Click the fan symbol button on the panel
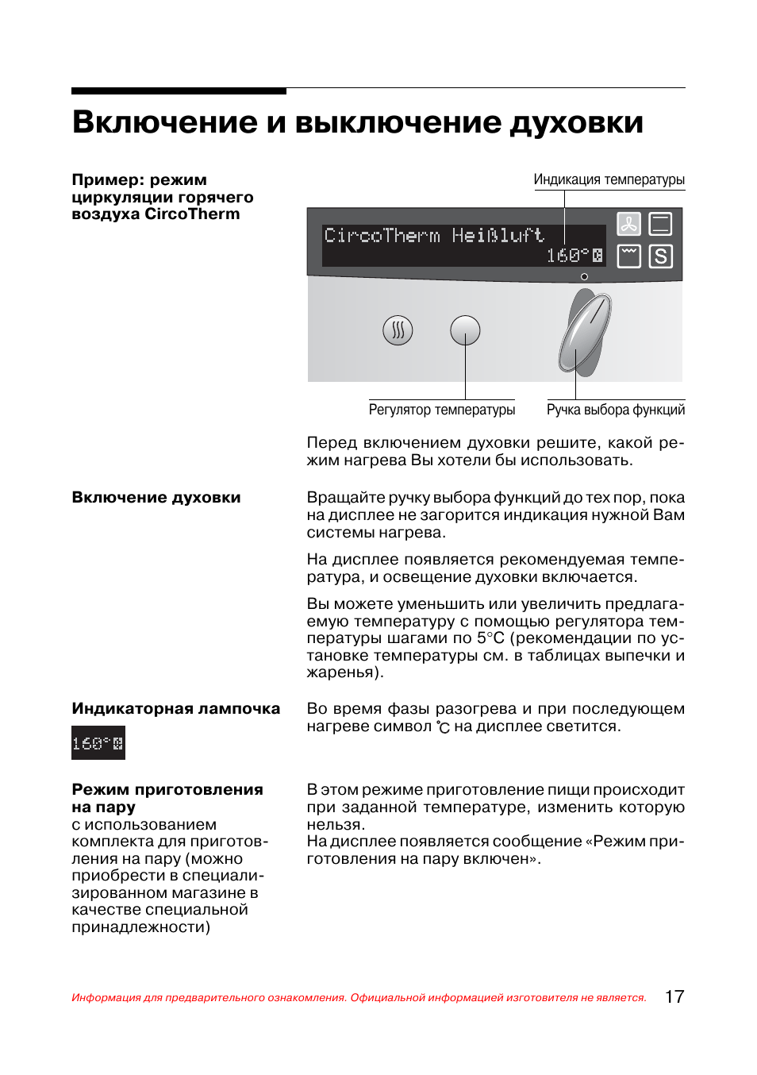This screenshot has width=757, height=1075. pos(628,224)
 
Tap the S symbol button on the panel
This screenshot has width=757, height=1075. pos(660,256)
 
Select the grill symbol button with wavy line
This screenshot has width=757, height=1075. pos(628,256)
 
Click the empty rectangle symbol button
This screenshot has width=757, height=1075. pos(660,224)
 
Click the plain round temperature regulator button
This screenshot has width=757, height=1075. pos(465,330)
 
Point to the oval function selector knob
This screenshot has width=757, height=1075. pos(586,332)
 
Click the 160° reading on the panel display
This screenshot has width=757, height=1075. pos(568,256)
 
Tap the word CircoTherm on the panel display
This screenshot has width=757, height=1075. pos(382,236)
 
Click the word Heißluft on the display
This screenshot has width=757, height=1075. pos(498,236)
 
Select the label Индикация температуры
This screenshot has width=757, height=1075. pos(609,179)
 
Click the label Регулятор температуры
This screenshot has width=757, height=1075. pos(442,410)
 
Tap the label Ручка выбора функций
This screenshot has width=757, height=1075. pos(615,410)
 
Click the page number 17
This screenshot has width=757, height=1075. pos(674,997)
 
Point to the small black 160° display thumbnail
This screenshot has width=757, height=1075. pos(98,744)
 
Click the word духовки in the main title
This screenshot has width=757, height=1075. pos(576,122)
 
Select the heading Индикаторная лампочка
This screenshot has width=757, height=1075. pos(175,709)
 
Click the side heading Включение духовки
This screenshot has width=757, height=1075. pos(156,498)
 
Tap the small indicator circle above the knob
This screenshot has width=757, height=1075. pos(584,277)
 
